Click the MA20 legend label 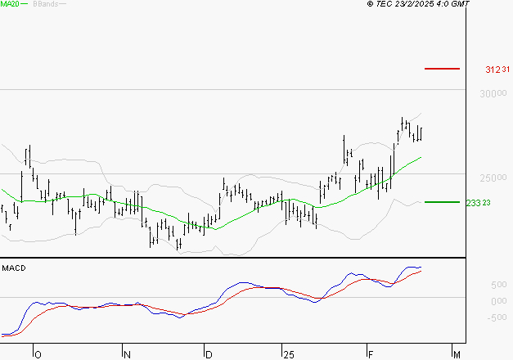[10, 5]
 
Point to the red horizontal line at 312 [442, 69]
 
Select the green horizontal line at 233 [442, 201]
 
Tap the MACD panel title [14, 268]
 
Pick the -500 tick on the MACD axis [477, 318]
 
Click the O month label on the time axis [36, 354]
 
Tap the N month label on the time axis [127, 354]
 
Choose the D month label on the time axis [209, 354]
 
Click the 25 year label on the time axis [287, 354]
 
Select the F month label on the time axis [370, 354]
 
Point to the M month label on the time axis [457, 354]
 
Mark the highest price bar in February [403, 123]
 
